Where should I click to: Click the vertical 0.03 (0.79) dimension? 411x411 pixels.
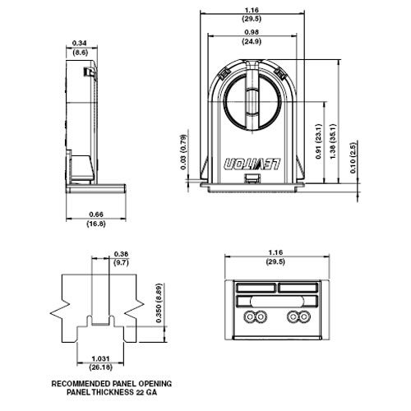pos(185,153)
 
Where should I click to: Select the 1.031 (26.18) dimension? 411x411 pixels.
pos(102,363)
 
